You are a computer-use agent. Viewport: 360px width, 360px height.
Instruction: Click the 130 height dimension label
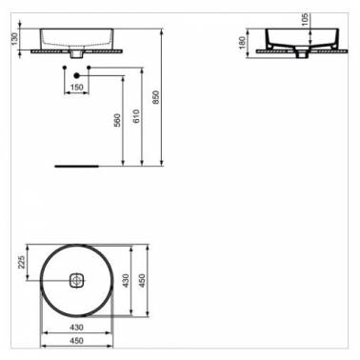[15, 39]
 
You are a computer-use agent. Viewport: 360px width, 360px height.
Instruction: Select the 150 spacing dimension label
[76, 87]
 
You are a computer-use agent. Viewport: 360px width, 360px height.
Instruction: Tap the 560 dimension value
[117, 120]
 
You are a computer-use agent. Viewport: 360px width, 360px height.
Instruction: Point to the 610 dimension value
[136, 116]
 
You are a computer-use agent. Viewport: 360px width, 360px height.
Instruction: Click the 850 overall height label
[155, 98]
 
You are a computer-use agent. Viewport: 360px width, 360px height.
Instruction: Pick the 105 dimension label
[305, 20]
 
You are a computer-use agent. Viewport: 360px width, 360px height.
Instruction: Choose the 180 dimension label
[243, 43]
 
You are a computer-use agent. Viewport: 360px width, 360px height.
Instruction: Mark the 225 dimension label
[22, 262]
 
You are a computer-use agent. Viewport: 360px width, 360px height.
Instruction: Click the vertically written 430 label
[126, 281]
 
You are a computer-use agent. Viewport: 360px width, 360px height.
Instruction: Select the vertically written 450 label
[142, 281]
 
